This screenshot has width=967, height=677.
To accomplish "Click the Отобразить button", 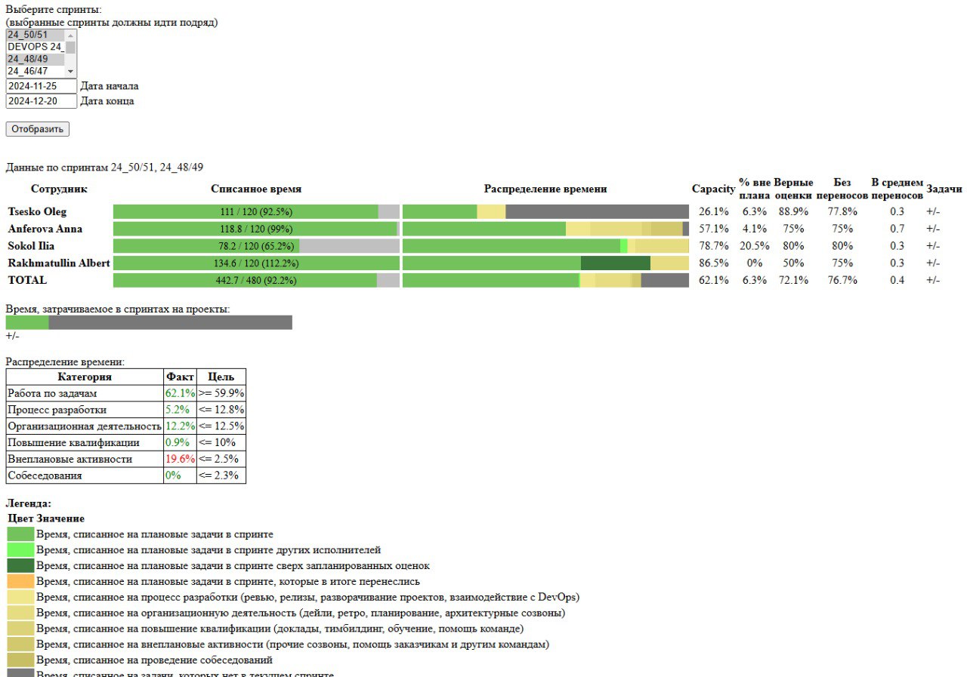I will [x=38, y=129].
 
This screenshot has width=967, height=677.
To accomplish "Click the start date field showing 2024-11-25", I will [x=42, y=86].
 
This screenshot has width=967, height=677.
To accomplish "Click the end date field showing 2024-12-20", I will [x=42, y=101].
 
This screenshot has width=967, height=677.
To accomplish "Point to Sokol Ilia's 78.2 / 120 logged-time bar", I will [x=255, y=246].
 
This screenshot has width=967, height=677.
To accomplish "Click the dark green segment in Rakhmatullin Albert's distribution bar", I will [x=615, y=263].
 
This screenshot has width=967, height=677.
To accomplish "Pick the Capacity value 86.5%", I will [x=713, y=263].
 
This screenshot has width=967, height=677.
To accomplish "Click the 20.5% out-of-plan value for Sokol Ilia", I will [x=754, y=246].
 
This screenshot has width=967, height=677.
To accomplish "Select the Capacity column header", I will [x=713, y=189].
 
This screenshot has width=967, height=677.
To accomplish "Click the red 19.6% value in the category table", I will [x=180, y=459].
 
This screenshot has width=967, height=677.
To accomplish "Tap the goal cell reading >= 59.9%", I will [x=221, y=393].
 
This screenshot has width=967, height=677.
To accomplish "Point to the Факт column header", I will [x=180, y=377].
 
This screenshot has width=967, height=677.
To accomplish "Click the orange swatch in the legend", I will [x=21, y=581].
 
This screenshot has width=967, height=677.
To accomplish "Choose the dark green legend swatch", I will [x=21, y=565].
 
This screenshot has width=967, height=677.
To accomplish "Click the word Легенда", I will [x=29, y=503].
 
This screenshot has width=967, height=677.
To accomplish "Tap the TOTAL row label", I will [x=27, y=280].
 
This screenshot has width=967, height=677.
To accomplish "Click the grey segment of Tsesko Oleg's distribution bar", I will [x=597, y=211].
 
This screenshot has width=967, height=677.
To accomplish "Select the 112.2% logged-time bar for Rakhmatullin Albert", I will [x=255, y=263].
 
